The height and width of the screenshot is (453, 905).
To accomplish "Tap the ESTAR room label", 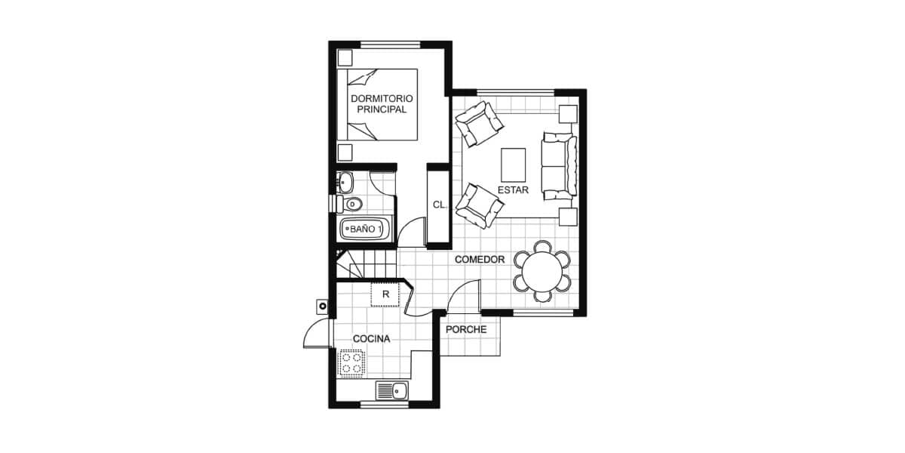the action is (513, 190).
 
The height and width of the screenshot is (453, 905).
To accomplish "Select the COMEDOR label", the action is (480, 260).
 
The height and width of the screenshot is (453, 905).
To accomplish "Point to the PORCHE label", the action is (466, 330).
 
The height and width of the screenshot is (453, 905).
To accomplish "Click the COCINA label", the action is (372, 339).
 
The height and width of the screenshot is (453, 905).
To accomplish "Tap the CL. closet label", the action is (439, 205).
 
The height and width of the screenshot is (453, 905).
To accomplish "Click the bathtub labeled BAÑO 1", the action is (366, 229).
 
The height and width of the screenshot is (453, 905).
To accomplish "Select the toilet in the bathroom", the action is (347, 204).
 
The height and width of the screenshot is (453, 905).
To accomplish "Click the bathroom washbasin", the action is (345, 183).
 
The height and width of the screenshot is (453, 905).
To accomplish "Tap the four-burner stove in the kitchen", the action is (352, 363).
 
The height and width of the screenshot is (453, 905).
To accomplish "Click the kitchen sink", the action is (392, 391).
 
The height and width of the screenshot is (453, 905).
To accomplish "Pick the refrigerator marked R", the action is (385, 294).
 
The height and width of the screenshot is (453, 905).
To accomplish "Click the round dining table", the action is (542, 272).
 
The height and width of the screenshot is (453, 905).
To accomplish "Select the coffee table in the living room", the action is (514, 165).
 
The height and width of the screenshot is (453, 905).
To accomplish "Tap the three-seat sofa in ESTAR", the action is (560, 165).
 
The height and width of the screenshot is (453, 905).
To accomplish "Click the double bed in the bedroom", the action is (377, 105).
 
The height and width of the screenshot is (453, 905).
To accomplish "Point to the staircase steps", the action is (367, 263).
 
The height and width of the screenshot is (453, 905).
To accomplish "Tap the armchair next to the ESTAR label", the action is (480, 206).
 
